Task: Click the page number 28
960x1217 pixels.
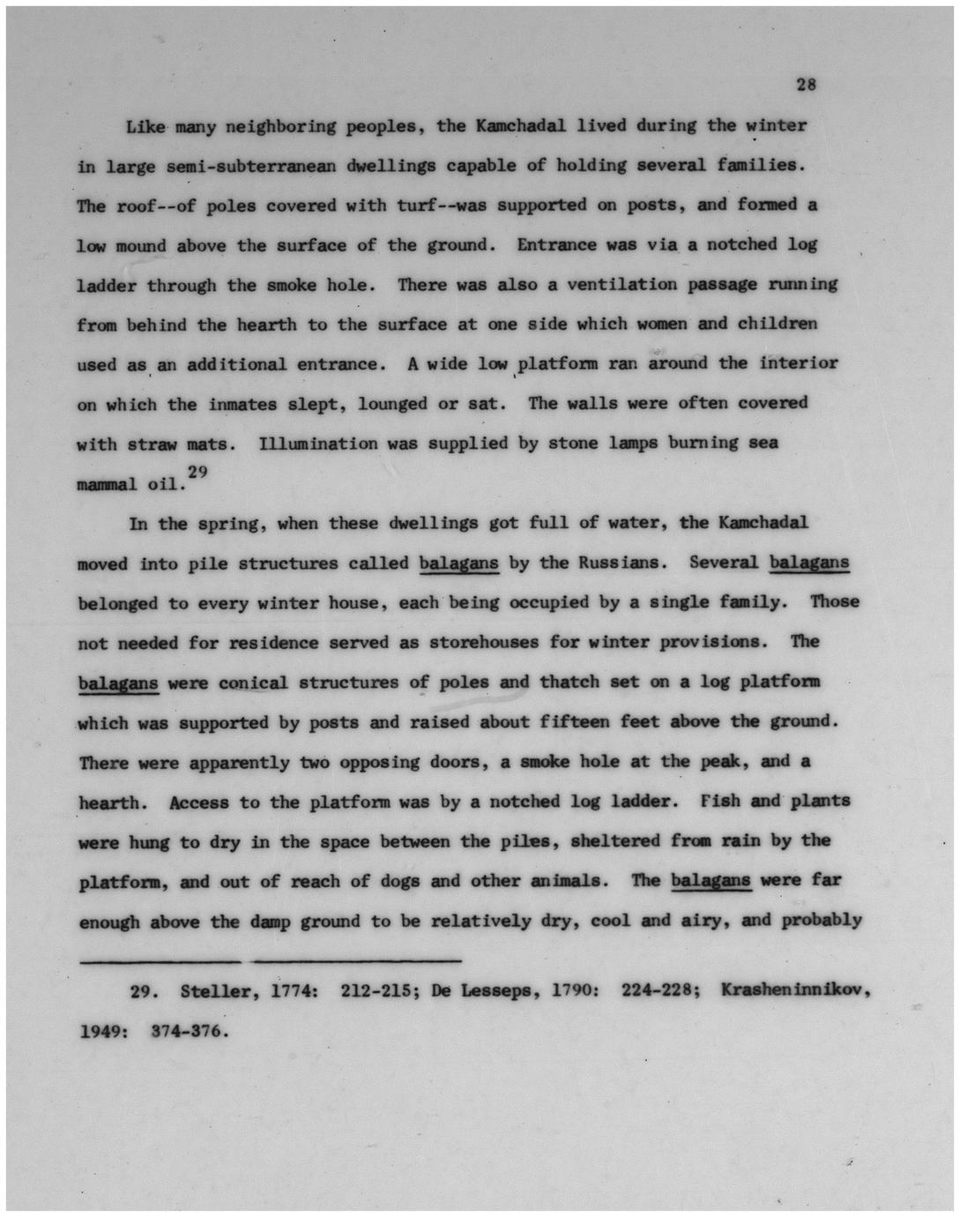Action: [806, 85]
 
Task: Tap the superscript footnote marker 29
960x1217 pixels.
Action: [197, 474]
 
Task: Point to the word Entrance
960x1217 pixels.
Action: [556, 244]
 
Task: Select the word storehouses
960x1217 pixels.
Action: [483, 642]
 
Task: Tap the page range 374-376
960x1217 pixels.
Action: [190, 1029]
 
